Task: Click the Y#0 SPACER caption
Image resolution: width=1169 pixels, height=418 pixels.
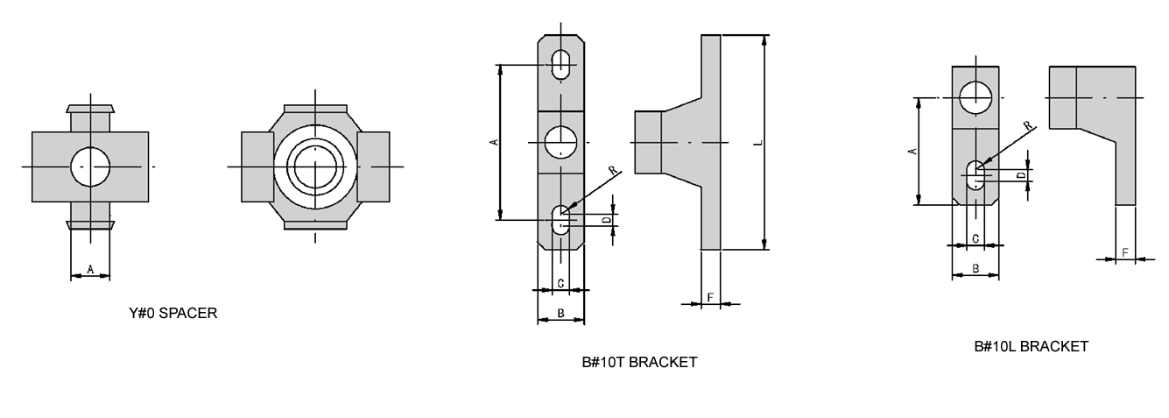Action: (173, 313)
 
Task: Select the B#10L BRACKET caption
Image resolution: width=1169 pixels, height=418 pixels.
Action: (1031, 346)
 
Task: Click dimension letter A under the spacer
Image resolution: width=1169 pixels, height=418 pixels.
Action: (90, 270)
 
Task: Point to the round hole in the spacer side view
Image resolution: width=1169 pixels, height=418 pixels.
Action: (90, 166)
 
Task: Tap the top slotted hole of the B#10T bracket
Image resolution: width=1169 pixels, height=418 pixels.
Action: (561, 64)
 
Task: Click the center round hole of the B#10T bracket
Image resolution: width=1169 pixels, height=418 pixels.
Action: (561, 142)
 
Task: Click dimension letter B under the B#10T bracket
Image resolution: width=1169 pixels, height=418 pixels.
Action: (560, 314)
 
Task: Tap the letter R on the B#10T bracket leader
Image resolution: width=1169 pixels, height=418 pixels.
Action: (612, 170)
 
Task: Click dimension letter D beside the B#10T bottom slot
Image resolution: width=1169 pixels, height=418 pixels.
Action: (607, 219)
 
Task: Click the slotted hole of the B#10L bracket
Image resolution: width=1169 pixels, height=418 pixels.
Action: (975, 174)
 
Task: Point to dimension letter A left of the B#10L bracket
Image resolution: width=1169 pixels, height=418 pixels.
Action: (911, 152)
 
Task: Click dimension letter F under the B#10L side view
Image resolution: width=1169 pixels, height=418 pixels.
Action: (1125, 252)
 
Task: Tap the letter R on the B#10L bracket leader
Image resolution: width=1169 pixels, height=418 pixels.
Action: (1027, 126)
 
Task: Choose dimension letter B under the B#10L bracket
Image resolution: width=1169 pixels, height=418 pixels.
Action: (975, 269)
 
